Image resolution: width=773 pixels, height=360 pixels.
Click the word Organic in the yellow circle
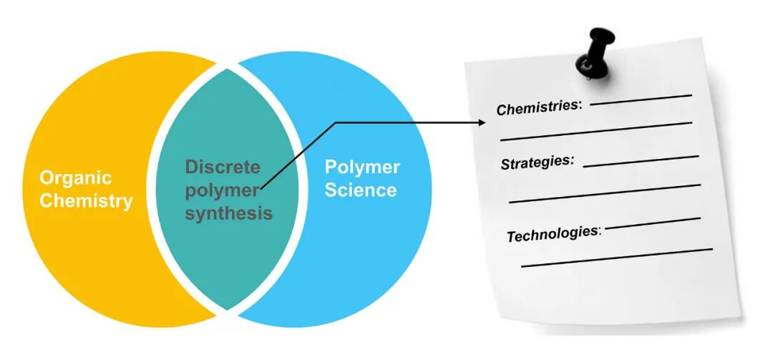point(75,177)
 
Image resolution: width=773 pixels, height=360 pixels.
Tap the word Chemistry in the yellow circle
point(86,200)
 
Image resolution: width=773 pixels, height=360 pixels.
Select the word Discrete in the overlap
point(223,167)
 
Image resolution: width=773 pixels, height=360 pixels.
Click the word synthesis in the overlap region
point(228,213)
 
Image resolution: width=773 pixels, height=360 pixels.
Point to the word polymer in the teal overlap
point(220,190)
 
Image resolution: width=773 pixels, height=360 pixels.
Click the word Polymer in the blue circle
point(362,167)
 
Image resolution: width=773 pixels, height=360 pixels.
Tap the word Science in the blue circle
point(360,190)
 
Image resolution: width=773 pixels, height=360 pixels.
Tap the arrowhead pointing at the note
point(482,122)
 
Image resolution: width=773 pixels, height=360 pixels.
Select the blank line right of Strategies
point(641,160)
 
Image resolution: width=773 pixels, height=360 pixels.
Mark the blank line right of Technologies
point(653,223)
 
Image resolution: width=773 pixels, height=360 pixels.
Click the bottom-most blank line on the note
point(616,258)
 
